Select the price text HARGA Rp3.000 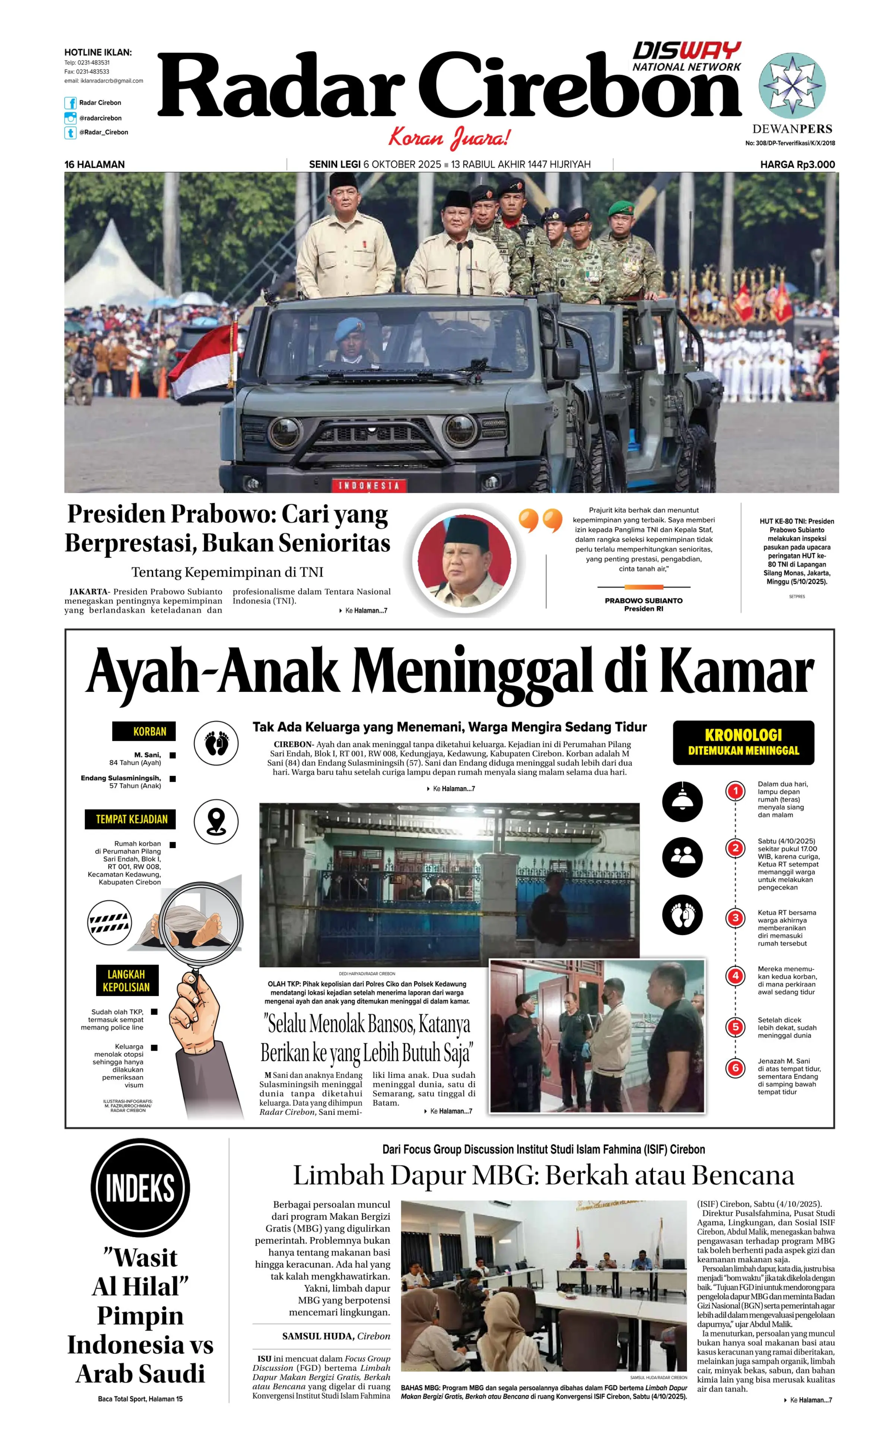tap(797, 164)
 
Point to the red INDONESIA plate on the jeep tap(368, 486)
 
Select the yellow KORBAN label tap(144, 731)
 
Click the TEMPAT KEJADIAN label tap(131, 819)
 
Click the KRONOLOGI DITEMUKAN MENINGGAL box tap(743, 742)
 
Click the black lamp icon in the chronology tap(682, 801)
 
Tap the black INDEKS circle tap(140, 1187)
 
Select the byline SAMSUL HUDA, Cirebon tap(335, 1335)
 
